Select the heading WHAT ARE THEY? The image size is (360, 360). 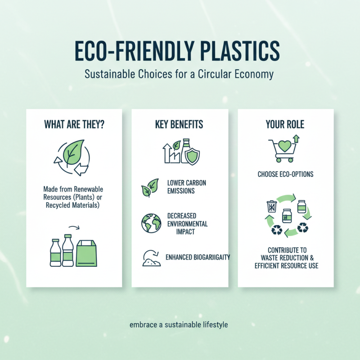click(74, 124)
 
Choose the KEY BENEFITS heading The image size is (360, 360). click(179, 124)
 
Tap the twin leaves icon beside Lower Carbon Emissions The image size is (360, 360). click(149, 188)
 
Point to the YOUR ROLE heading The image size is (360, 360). click(285, 124)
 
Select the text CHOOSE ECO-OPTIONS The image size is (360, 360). click(285, 174)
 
